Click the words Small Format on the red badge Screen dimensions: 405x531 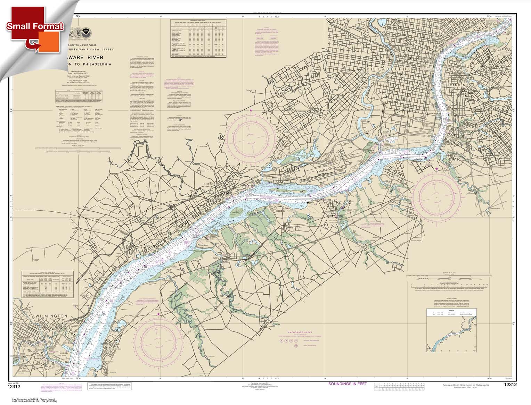[35, 26]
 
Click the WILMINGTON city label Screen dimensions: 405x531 [51, 316]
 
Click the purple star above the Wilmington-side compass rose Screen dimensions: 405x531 [158, 314]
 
